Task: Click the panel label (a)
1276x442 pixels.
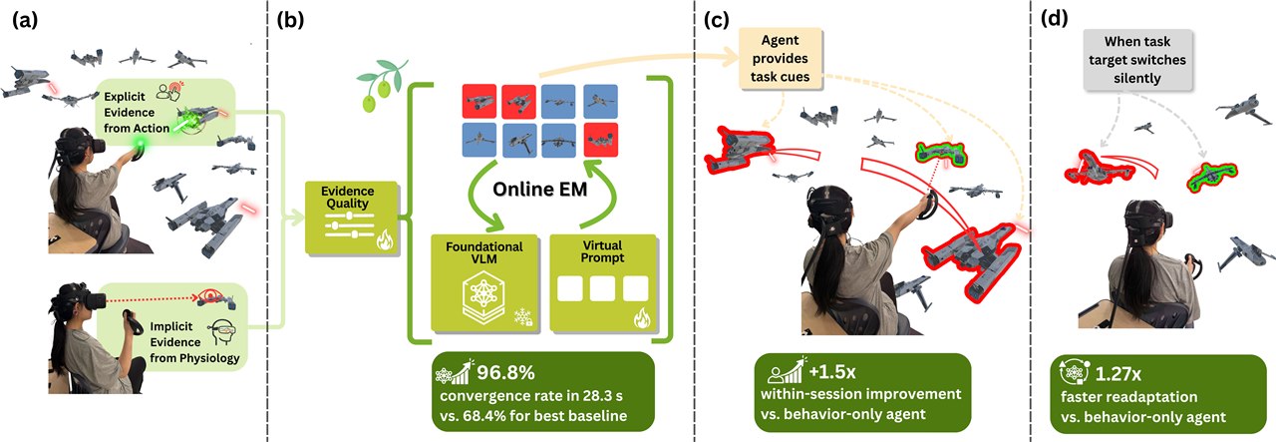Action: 25,20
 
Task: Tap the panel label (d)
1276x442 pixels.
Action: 1055,19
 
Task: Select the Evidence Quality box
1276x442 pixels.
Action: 352,218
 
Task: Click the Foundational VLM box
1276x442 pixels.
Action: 484,283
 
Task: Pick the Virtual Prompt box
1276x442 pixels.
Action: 603,283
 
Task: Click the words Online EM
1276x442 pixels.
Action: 539,189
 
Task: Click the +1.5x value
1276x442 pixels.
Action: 832,372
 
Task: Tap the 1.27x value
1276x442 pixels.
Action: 1118,373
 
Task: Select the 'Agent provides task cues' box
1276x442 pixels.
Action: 781,58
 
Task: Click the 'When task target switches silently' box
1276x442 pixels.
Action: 1137,60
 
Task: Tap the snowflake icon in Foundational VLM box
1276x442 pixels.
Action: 522,317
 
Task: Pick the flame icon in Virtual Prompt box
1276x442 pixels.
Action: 642,318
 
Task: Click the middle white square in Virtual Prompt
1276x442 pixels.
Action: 602,288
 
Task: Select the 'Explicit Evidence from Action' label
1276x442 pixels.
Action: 137,113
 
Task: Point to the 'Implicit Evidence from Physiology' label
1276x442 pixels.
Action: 194,342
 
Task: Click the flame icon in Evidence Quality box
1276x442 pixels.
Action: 385,240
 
